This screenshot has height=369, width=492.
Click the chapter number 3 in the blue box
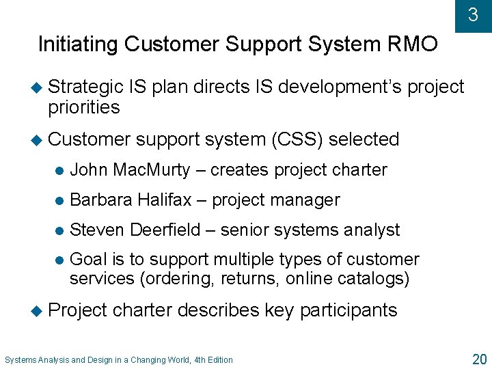coord(473,14)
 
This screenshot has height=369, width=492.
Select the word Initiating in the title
coord(78,44)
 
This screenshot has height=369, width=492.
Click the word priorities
coord(84,107)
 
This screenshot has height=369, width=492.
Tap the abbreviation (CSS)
coord(297,139)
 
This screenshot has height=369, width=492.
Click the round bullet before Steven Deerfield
coord(59,230)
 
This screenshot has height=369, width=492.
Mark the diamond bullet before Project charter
coord(40,310)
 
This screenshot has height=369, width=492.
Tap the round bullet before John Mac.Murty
coord(59,170)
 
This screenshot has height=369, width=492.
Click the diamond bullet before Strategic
coord(40,87)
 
